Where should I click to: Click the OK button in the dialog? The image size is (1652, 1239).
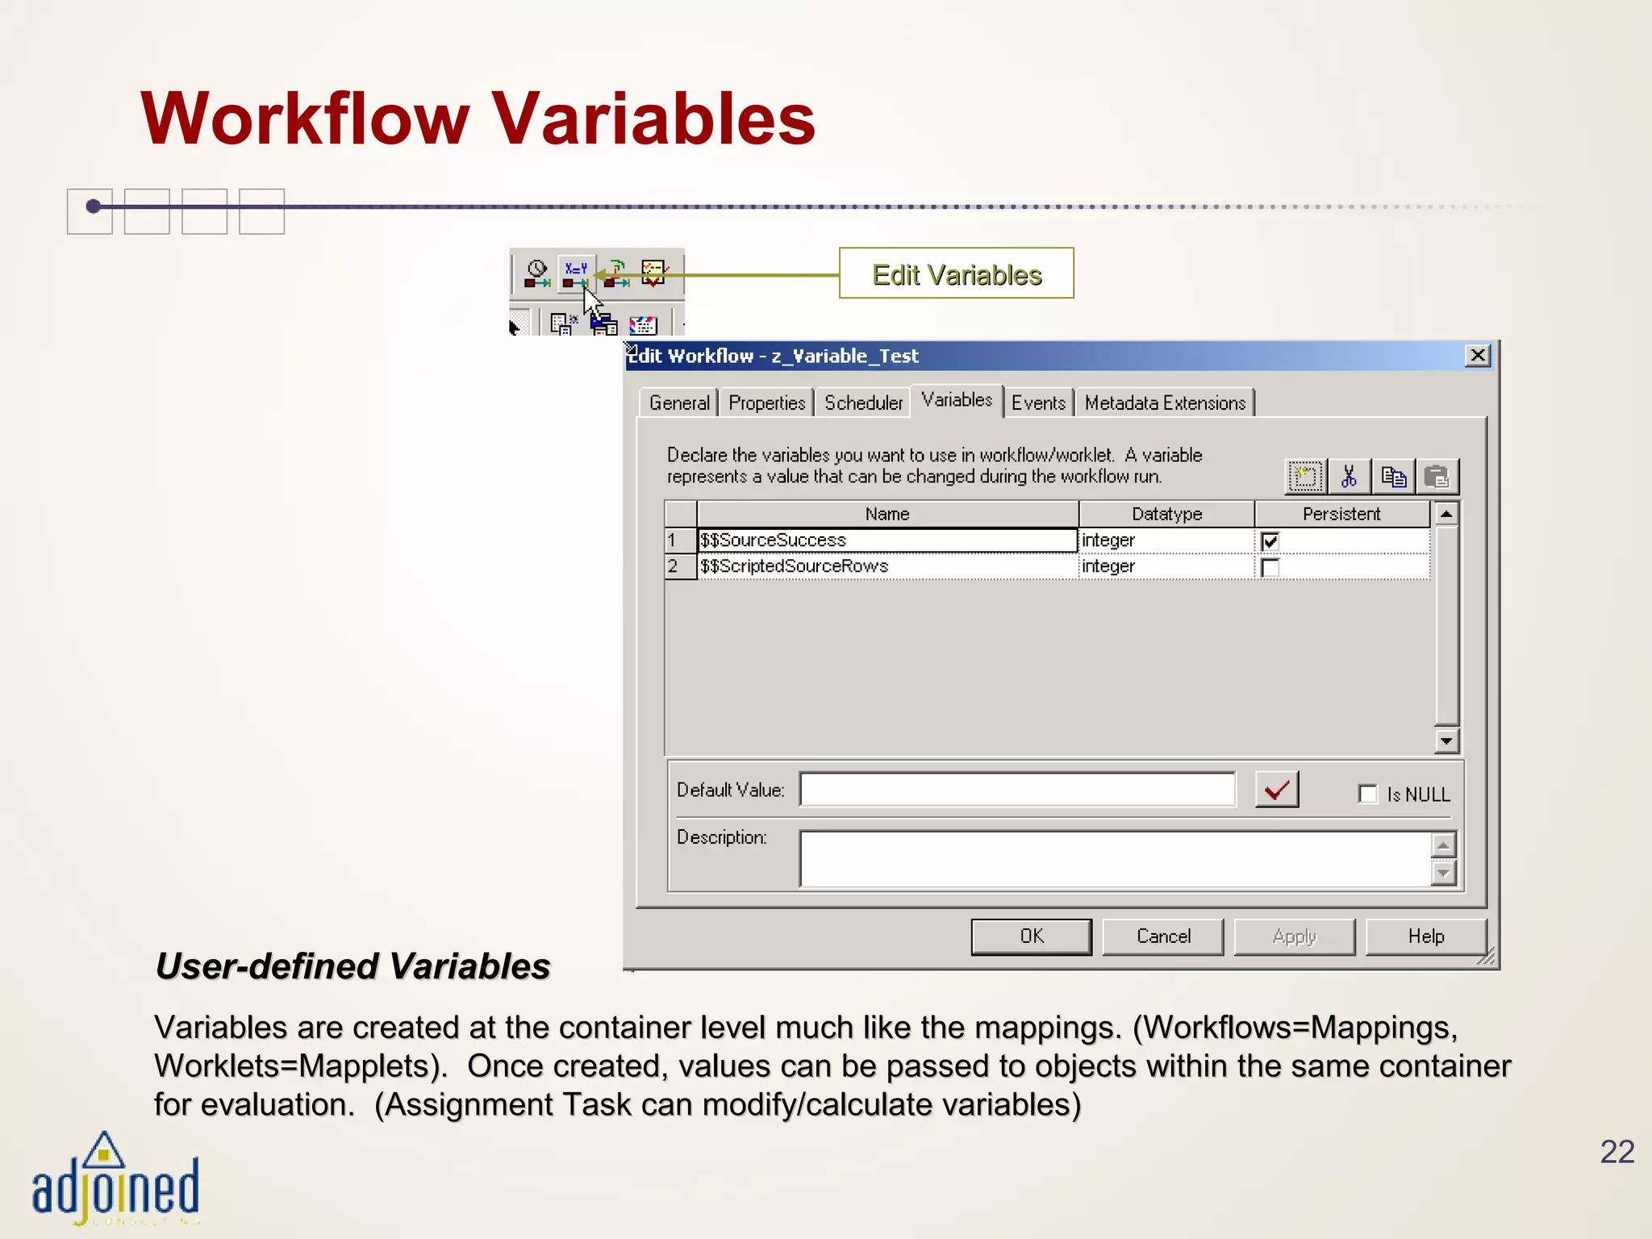(x=1031, y=937)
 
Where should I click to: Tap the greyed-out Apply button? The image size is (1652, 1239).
(x=1294, y=937)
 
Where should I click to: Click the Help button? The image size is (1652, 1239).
(x=1425, y=937)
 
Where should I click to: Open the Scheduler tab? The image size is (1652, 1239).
(x=863, y=403)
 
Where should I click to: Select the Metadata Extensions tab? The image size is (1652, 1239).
(x=1164, y=403)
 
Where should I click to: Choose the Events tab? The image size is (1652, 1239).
(x=1038, y=403)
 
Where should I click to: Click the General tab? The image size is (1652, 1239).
(x=679, y=403)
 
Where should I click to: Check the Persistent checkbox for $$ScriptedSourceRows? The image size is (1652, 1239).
(x=1270, y=568)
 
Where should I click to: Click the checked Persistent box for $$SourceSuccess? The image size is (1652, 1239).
(x=1270, y=541)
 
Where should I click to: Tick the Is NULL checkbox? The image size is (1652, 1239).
(x=1368, y=795)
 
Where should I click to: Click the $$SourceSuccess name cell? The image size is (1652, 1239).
(x=887, y=540)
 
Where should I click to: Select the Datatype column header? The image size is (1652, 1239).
(x=1166, y=514)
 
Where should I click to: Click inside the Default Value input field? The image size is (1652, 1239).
(x=1016, y=790)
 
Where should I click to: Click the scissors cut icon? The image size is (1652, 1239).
(x=1349, y=477)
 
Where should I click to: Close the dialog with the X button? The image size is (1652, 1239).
(x=1477, y=356)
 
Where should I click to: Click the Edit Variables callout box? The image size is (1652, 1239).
(x=957, y=274)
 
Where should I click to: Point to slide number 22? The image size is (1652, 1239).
(x=1617, y=1152)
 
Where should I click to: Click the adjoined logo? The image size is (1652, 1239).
(x=115, y=1182)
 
